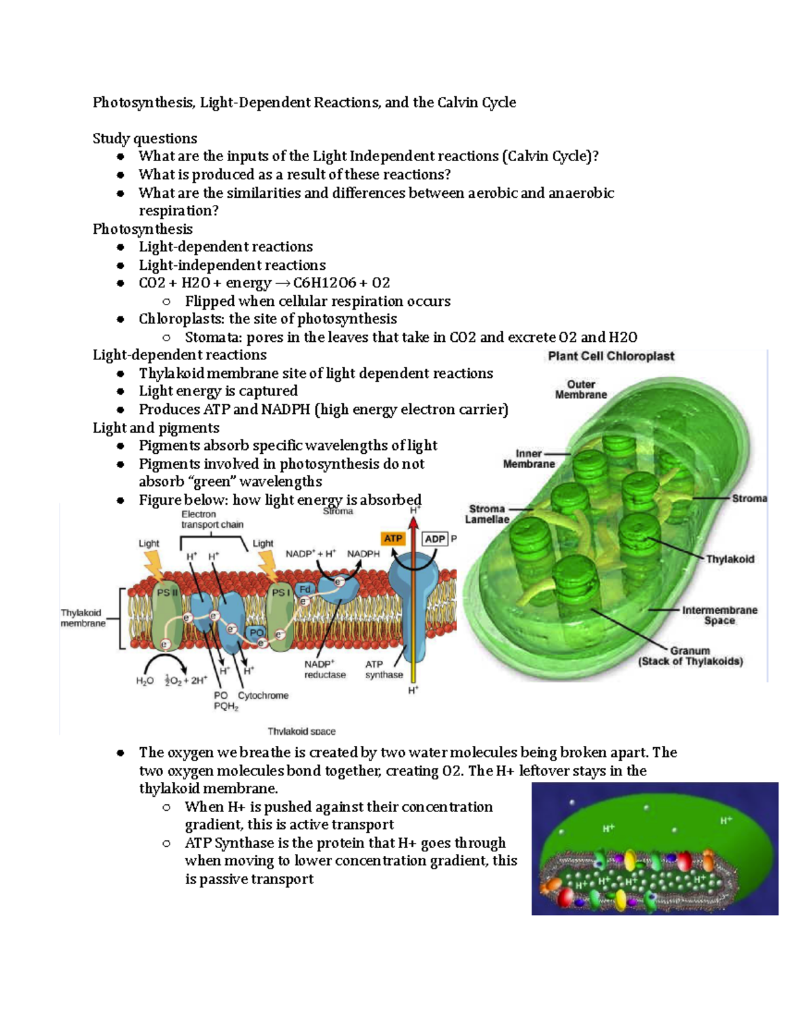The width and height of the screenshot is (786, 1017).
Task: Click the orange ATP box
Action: point(393,538)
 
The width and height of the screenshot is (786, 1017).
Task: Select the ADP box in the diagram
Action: point(435,539)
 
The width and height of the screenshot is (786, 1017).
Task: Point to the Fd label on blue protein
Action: point(305,589)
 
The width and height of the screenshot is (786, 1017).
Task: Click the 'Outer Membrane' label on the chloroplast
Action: point(581,390)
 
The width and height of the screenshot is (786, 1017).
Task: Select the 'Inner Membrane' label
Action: point(529,458)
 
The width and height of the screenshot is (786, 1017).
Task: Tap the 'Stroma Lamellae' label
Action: point(487,514)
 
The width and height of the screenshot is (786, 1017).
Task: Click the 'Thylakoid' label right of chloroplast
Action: point(730,559)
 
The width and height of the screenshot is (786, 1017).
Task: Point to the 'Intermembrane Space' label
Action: point(719,615)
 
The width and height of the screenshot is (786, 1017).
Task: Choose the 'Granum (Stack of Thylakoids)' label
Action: point(690,656)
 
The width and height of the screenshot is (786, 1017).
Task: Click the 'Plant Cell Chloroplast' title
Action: point(610,356)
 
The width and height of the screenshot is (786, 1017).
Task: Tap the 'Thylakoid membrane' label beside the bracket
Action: point(82,618)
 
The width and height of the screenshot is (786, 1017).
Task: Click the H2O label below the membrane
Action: point(145,680)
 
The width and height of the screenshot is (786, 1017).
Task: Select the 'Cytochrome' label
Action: point(263,695)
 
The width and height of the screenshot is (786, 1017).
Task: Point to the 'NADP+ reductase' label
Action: point(324,669)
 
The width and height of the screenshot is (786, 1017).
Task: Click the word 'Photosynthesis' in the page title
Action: point(143,102)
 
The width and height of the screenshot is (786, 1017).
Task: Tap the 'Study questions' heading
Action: point(145,138)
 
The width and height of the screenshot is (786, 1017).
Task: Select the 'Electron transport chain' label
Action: point(212,519)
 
